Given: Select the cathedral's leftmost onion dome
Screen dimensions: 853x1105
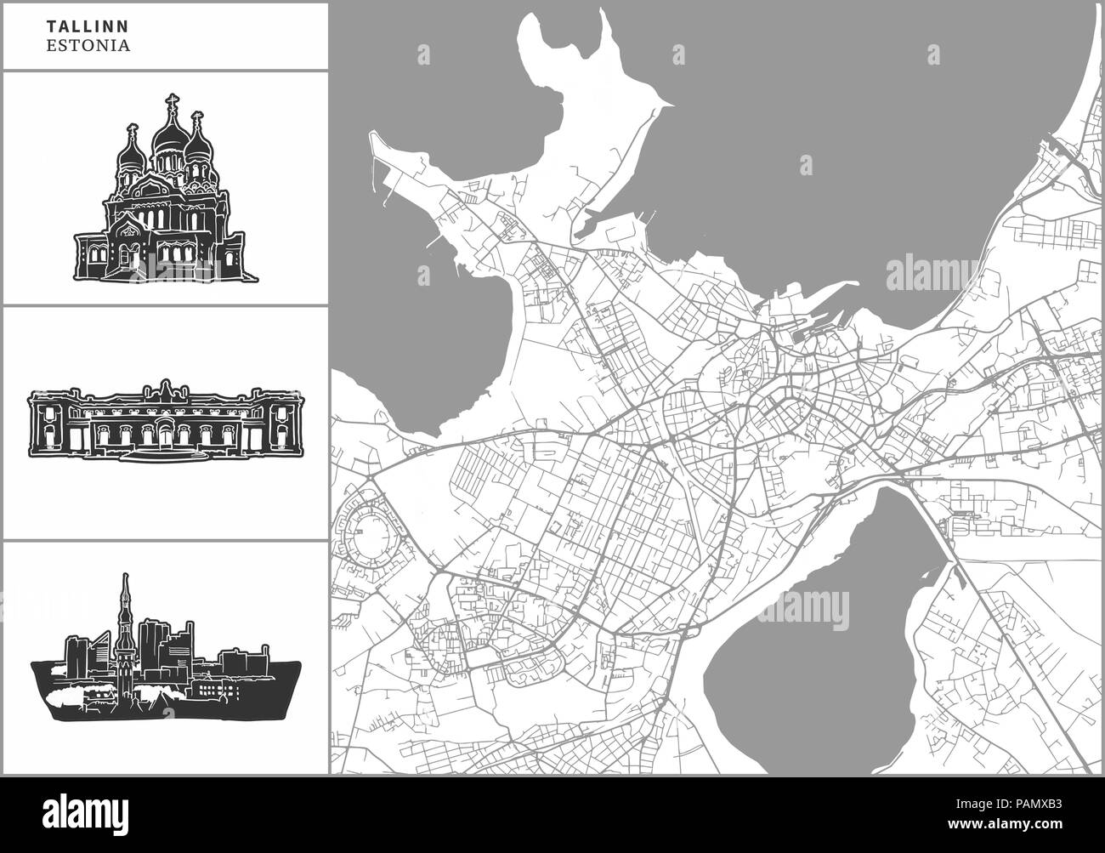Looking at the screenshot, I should coord(132,153).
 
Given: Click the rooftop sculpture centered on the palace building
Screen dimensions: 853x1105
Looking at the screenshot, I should coord(162,390).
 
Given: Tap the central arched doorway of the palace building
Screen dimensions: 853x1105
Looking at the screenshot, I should coord(162,433).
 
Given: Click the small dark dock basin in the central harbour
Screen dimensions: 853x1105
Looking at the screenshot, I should coord(798,337).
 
